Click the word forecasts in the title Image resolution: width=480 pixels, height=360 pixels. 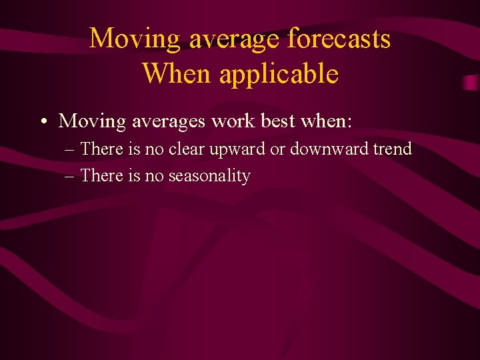(x=339, y=39)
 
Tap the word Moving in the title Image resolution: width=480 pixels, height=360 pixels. (x=135, y=39)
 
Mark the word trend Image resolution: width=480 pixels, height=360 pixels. (x=393, y=149)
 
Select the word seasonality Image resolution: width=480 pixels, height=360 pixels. (x=209, y=177)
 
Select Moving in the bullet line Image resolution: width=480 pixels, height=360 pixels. (x=83, y=122)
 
